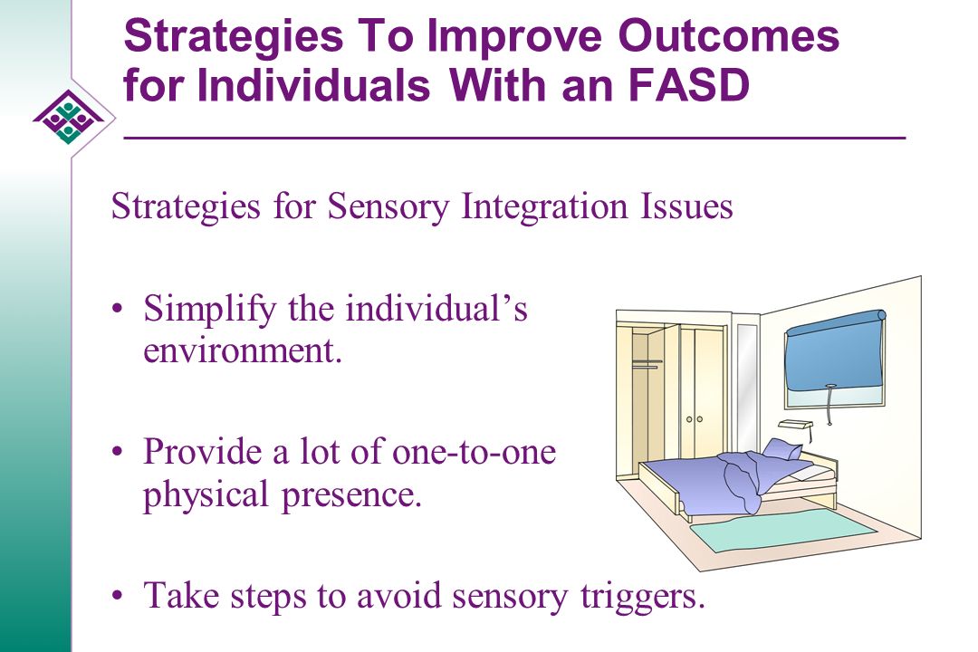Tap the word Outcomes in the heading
[x=728, y=36]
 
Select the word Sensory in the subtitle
[x=388, y=206]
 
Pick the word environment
[x=243, y=350]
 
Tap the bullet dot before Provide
[x=117, y=452]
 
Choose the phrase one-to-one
[x=474, y=452]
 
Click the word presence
[x=351, y=494]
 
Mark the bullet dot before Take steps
[x=117, y=595]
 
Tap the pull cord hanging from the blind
[x=829, y=406]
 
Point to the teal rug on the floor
[x=782, y=531]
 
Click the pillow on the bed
[x=783, y=449]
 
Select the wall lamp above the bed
[x=796, y=425]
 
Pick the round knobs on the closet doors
[x=695, y=419]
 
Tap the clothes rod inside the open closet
[x=647, y=360]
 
